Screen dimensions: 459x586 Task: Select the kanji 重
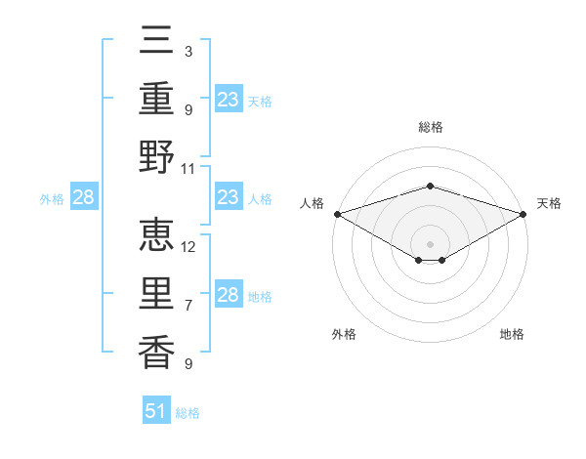[157, 101]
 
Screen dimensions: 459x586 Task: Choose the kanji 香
[157, 349]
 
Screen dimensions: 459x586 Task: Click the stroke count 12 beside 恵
[188, 246]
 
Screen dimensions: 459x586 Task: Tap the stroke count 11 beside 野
[188, 168]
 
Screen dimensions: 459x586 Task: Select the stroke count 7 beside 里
[188, 306]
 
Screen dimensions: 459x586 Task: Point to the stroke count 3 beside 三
[188, 51]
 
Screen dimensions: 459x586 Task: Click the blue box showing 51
[157, 411]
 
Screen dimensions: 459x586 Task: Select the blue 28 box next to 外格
[83, 198]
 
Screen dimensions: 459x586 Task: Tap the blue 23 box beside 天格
[229, 99]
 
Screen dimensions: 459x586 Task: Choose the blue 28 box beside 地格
[229, 295]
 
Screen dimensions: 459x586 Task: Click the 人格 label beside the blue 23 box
[260, 199]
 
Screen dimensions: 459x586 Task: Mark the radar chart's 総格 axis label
[431, 127]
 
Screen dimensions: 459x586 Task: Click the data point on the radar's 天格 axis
[524, 214]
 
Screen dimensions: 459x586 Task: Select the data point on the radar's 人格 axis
[337, 214]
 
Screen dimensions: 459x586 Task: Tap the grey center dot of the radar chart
[431, 243]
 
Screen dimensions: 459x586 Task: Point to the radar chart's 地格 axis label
[512, 334]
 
